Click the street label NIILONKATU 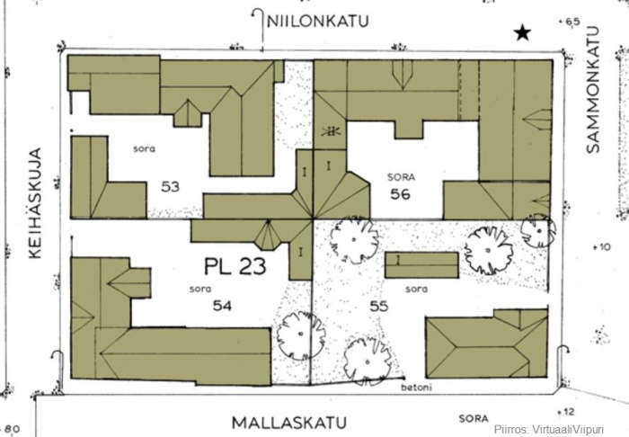click(x=318, y=22)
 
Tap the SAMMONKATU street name click(x=593, y=90)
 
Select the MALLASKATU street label click(x=289, y=423)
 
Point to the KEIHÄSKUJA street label click(x=35, y=203)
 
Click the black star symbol click(x=523, y=32)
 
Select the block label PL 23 click(x=235, y=266)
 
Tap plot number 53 click(x=170, y=187)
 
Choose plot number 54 click(x=222, y=306)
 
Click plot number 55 click(x=379, y=307)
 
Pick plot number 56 click(x=401, y=194)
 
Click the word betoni click(x=416, y=388)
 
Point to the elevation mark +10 click(x=602, y=246)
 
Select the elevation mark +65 click(x=570, y=22)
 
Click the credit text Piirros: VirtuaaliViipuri click(x=549, y=429)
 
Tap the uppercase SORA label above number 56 click(x=401, y=177)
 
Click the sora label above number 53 click(x=145, y=149)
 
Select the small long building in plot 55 click(x=421, y=265)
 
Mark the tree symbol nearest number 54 click(x=301, y=334)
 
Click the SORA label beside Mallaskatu click(x=474, y=418)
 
